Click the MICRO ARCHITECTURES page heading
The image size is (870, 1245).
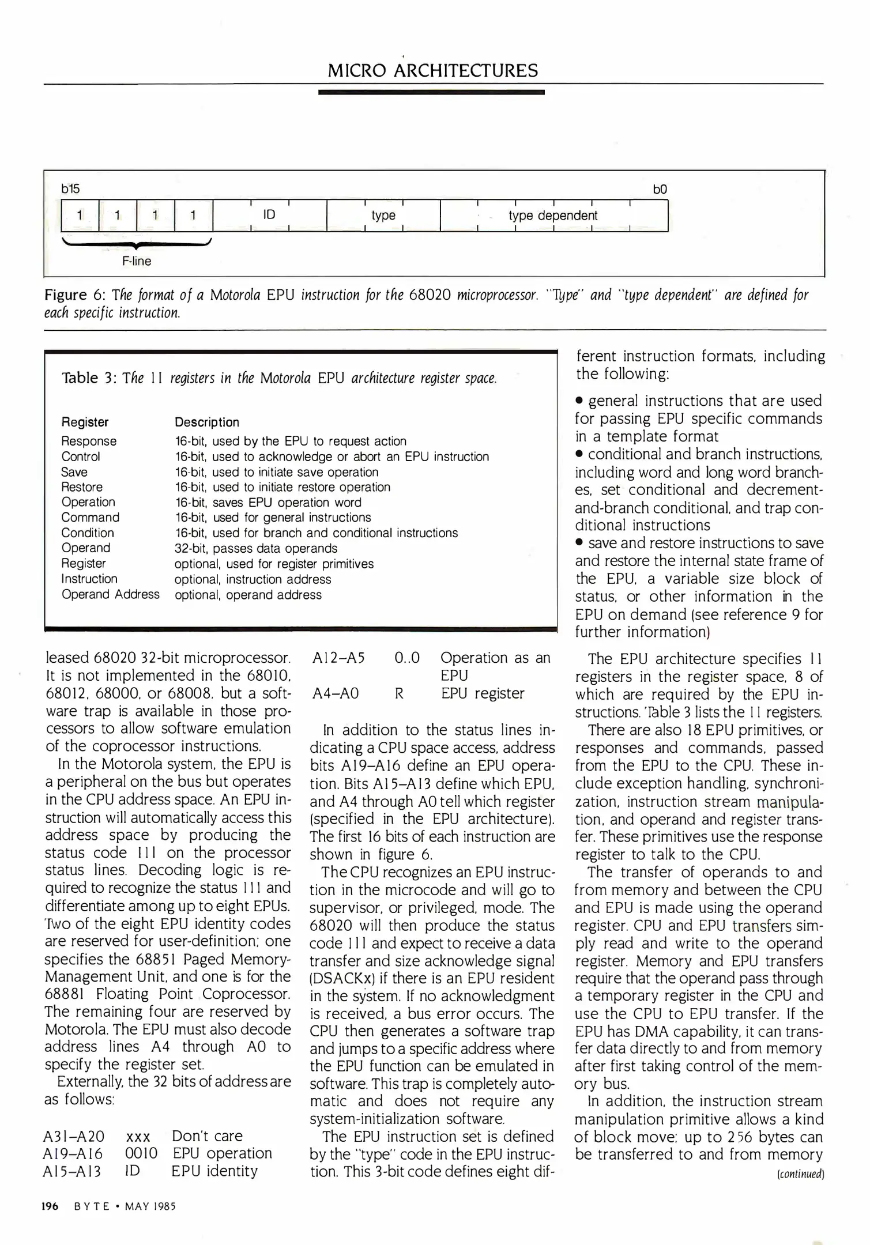pyautogui.click(x=432, y=71)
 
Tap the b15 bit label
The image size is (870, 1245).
pyautogui.click(x=70, y=189)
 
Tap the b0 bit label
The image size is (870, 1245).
pyautogui.click(x=660, y=189)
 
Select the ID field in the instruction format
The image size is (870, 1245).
pyautogui.click(x=269, y=215)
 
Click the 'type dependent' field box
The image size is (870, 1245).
pyautogui.click(x=553, y=216)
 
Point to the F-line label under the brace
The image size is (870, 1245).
pyautogui.click(x=137, y=261)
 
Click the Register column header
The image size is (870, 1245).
pyautogui.click(x=85, y=422)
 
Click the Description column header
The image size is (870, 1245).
pyautogui.click(x=206, y=422)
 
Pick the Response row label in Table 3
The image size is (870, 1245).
pyautogui.click(x=89, y=441)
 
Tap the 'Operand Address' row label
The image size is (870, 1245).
pyautogui.click(x=110, y=594)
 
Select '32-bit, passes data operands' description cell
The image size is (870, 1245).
pyautogui.click(x=255, y=548)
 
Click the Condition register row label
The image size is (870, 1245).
pyautogui.click(x=88, y=533)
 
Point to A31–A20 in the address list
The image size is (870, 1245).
pyautogui.click(x=74, y=1136)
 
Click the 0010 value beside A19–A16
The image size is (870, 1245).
pyautogui.click(x=141, y=1153)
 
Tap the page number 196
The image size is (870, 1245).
pyautogui.click(x=50, y=1206)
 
